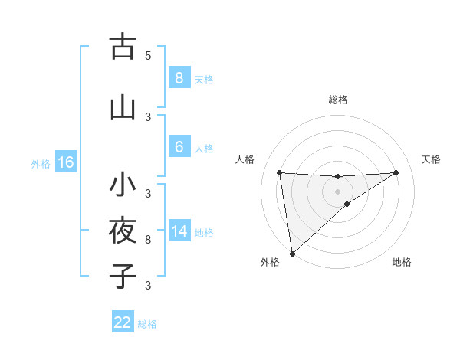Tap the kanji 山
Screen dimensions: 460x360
(x=122, y=108)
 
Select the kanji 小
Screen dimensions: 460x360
(x=122, y=185)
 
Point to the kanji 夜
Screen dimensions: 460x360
(x=122, y=231)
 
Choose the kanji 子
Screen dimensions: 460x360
(x=122, y=276)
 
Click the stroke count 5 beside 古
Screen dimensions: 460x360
(x=148, y=55)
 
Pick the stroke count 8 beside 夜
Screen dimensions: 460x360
(x=148, y=240)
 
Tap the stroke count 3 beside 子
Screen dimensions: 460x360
(x=148, y=286)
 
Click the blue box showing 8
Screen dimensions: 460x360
(x=179, y=77)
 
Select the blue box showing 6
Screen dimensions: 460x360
(x=179, y=147)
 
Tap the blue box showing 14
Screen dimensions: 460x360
(x=179, y=231)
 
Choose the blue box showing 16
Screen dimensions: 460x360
(x=65, y=162)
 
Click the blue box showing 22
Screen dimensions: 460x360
(x=123, y=322)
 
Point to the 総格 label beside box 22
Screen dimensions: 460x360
(x=147, y=324)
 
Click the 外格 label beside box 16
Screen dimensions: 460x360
(x=40, y=163)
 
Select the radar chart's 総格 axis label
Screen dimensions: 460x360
(x=337, y=100)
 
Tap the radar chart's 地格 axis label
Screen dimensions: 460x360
(x=402, y=262)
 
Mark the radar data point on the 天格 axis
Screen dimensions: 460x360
(x=396, y=172)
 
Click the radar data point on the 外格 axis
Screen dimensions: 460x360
(x=292, y=253)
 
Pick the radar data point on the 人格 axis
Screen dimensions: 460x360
(x=279, y=172)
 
